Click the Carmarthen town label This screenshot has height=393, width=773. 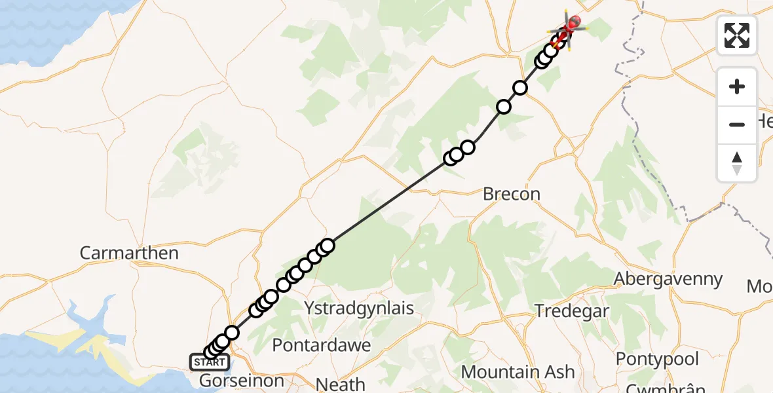129,253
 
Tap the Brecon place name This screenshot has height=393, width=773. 512,194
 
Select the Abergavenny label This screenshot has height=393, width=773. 668,279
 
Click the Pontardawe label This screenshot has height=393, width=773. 321,345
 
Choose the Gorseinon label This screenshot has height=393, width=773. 241,381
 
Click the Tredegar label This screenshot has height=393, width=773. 572,310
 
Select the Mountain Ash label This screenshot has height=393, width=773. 518,372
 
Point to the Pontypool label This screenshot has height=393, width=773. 657,359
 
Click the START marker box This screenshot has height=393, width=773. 209,362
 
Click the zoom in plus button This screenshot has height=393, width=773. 737,86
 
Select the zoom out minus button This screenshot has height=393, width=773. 737,124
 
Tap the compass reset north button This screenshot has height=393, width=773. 737,162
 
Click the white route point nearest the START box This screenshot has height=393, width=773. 211,353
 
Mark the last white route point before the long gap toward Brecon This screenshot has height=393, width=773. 328,246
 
